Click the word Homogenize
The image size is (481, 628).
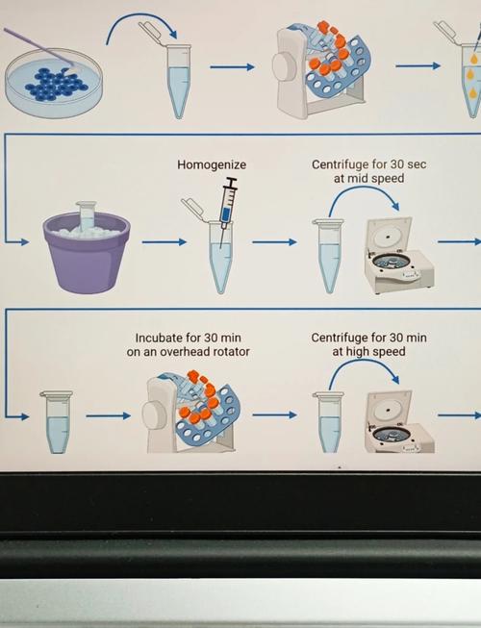212,164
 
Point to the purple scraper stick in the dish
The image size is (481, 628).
40,47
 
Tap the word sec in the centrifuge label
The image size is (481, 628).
417,164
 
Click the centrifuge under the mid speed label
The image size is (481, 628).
399,256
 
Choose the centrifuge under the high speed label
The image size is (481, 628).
399,422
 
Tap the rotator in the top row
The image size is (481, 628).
323,70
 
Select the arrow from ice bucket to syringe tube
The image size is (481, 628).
165,242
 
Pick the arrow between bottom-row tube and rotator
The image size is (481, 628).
108,416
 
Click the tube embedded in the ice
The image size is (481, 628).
87,215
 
